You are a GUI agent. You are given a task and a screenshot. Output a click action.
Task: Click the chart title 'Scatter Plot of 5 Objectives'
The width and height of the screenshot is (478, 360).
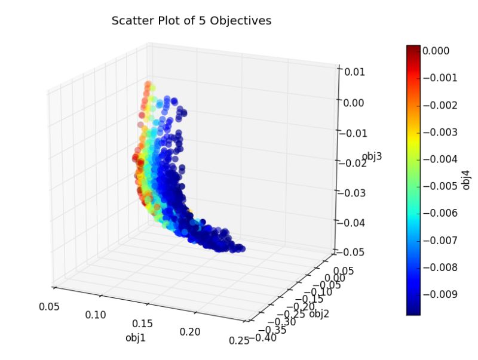point(191,21)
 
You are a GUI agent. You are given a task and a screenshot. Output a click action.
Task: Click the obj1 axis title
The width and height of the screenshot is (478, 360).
point(136,337)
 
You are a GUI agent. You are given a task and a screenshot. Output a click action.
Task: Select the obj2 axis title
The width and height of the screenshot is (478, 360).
point(320,314)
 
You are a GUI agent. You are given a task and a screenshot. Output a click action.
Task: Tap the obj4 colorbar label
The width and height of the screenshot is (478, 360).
point(467,180)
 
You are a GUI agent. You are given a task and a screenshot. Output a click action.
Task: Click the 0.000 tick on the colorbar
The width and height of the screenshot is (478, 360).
point(436,51)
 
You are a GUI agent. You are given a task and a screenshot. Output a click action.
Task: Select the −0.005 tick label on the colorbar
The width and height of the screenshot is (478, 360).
point(442,186)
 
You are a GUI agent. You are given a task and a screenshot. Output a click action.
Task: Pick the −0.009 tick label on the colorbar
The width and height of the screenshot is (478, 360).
point(442,294)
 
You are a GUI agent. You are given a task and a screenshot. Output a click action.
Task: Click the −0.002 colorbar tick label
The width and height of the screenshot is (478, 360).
point(442,105)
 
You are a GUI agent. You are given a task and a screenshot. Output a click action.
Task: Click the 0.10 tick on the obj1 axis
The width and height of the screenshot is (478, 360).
point(96,315)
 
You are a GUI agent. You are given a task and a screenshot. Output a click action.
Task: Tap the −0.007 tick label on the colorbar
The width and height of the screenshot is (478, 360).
point(442,239)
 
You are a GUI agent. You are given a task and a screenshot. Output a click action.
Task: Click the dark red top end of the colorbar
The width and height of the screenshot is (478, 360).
point(413,49)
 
